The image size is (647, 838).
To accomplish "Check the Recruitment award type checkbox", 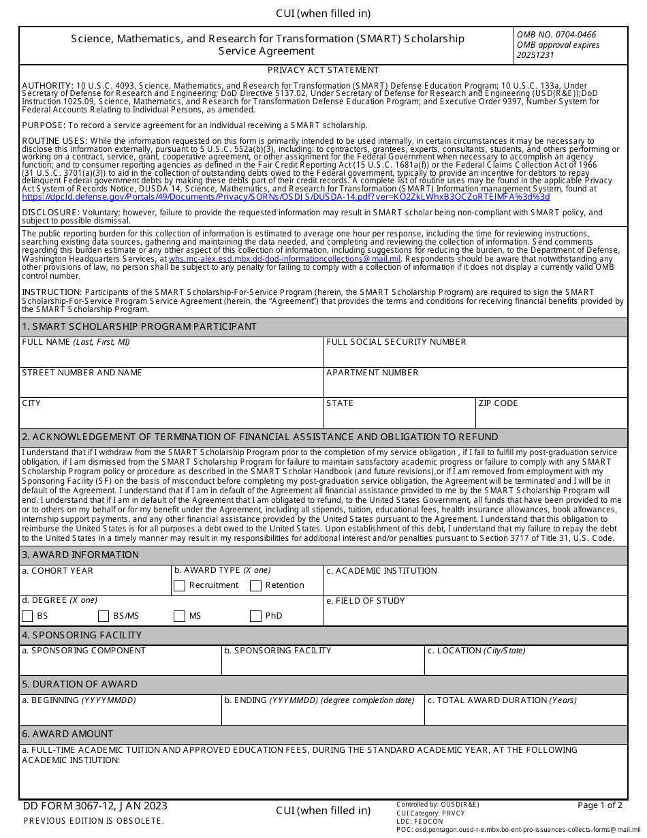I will pos(180,586).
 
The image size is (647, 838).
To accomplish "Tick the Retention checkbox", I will pos(256,586).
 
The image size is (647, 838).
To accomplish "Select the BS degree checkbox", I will pos(28,617).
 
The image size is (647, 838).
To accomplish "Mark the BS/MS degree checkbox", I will pos(104,617).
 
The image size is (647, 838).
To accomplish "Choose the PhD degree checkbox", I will pos(256,617).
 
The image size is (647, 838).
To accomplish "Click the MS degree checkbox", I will pos(180,617).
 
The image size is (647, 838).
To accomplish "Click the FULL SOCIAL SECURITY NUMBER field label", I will pos(396,342).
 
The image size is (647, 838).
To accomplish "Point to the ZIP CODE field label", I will pos(498,403).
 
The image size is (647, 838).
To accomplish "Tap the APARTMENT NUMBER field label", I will pos(372,373).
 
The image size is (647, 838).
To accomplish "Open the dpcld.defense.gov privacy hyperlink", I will pos(285,197).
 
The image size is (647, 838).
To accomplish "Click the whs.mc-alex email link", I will pos(285,259).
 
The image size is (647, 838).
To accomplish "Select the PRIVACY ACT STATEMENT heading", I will pos(323,70).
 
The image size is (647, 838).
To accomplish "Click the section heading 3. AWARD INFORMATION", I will pos(80,555).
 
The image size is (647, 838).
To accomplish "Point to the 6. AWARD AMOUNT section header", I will pos(67,734).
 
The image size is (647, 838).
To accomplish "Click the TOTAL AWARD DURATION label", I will pos(502,700).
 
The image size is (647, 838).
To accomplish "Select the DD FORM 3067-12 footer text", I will pos(95,807).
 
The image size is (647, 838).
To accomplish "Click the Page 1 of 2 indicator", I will pos(599,805).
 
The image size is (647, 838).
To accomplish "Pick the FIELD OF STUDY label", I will pos(365,601).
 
